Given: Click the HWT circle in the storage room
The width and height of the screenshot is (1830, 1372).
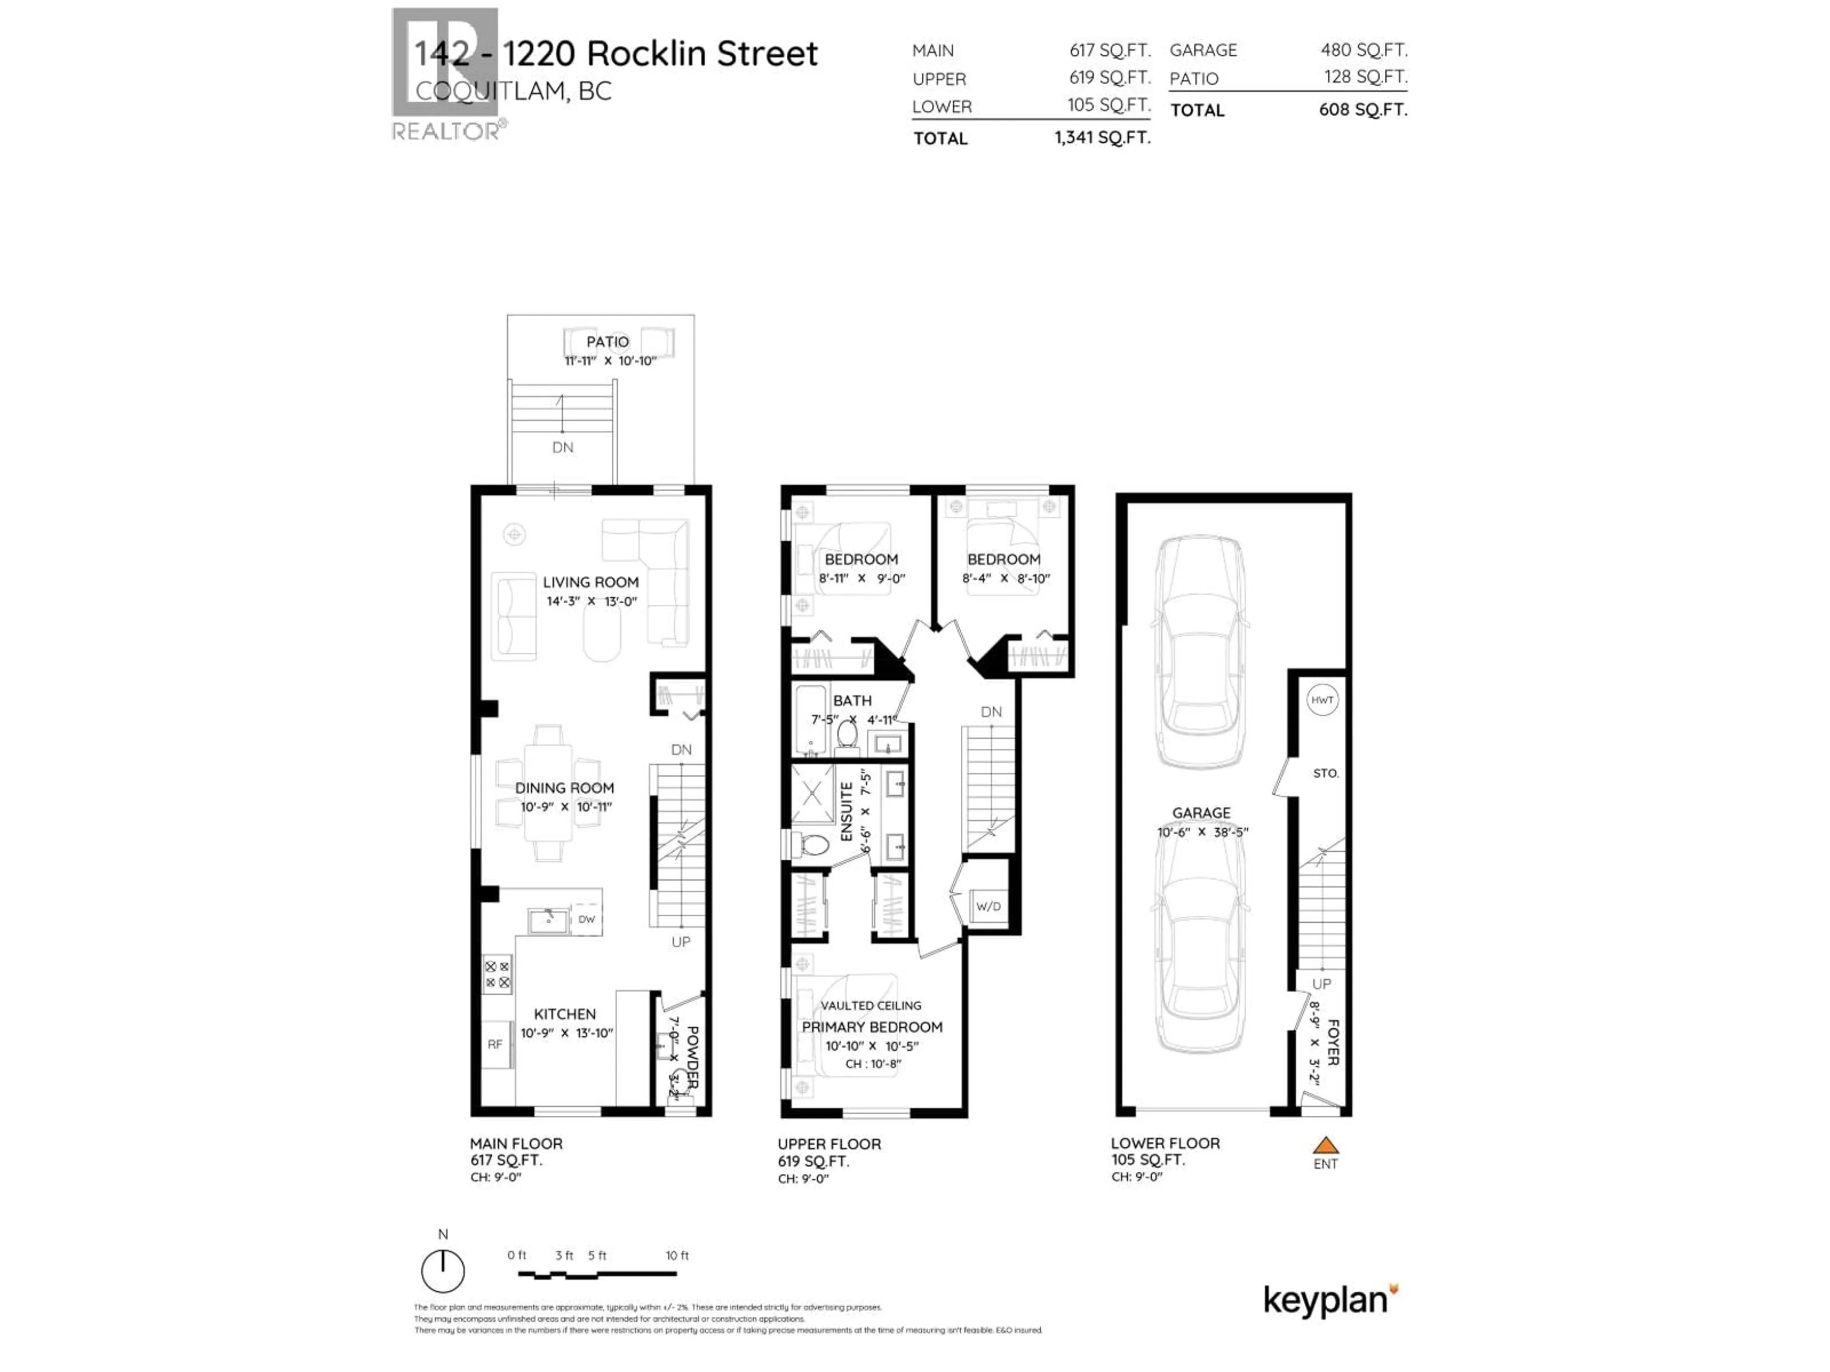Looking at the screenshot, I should [x=1322, y=700].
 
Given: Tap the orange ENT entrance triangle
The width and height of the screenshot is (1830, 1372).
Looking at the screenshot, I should [x=1325, y=1145].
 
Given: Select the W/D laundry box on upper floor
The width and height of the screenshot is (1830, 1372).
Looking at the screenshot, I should [x=988, y=907].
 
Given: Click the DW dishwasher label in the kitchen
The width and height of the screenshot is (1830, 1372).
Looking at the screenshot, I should [x=587, y=919].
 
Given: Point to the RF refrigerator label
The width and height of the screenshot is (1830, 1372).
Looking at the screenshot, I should [x=495, y=1045].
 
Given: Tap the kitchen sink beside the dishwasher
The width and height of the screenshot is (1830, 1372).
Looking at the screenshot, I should [x=548, y=919].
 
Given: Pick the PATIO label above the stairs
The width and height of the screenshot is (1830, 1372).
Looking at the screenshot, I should [x=607, y=342].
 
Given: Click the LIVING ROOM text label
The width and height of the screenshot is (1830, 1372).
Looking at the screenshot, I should [x=590, y=582].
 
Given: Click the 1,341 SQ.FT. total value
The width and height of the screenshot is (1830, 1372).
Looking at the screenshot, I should [x=1102, y=137].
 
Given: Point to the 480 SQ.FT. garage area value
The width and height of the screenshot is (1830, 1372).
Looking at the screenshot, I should [x=1363, y=50].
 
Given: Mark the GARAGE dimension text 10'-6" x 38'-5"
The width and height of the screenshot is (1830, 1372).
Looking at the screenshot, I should [x=1202, y=832].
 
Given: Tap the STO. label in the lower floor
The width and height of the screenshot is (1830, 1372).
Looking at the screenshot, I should [x=1325, y=773].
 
